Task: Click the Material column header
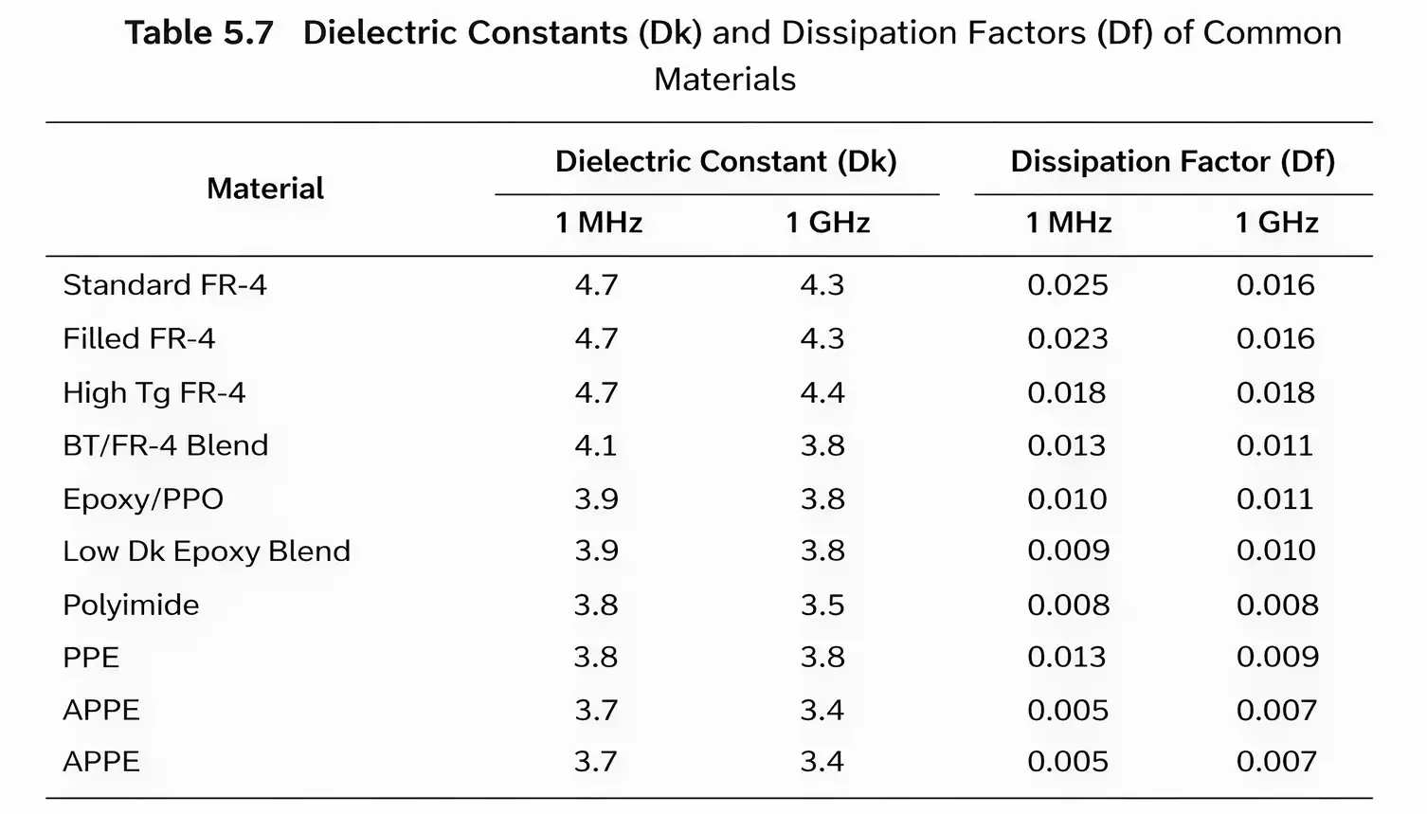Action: point(265,189)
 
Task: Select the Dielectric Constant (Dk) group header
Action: point(726,161)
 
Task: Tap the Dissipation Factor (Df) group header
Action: point(1173,161)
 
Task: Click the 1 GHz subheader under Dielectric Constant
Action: point(827,223)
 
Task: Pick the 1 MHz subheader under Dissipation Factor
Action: point(1069,223)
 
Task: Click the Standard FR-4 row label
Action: point(165,285)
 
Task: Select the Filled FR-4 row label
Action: point(139,338)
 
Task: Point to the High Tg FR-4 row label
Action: point(154,392)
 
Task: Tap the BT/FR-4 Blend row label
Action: point(166,445)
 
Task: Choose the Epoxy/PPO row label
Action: point(143,499)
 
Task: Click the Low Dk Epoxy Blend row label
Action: point(207,552)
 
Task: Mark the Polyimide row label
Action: point(131,605)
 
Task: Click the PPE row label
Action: point(91,658)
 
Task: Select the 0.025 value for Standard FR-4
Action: point(1068,285)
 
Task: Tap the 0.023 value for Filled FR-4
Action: point(1068,338)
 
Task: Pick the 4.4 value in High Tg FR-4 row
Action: point(822,392)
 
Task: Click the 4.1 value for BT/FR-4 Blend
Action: point(596,445)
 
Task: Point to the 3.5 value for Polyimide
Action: point(822,605)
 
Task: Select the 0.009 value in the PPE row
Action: point(1277,658)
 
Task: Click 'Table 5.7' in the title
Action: point(199,33)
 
